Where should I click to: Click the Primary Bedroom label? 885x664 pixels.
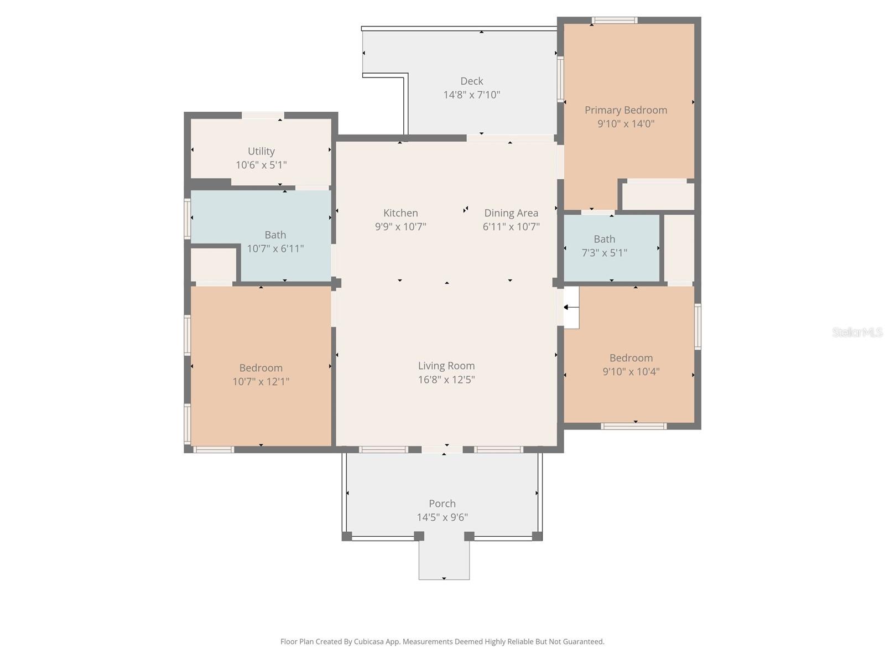pyautogui.click(x=626, y=110)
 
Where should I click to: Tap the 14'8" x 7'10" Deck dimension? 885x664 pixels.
pyautogui.click(x=471, y=95)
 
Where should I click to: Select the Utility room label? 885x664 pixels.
pyautogui.click(x=261, y=151)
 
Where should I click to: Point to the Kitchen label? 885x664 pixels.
pyautogui.click(x=400, y=213)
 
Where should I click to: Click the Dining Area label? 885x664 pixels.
pyautogui.click(x=511, y=213)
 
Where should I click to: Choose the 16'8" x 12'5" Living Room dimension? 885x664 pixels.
pyautogui.click(x=446, y=380)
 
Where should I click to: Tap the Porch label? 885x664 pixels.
pyautogui.click(x=442, y=504)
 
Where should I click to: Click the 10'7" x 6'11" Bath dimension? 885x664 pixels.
pyautogui.click(x=275, y=248)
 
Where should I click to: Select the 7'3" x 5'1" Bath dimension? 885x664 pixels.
pyautogui.click(x=604, y=253)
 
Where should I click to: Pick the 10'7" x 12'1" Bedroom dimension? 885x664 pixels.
pyautogui.click(x=261, y=381)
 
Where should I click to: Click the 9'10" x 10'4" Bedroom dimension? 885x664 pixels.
pyautogui.click(x=631, y=371)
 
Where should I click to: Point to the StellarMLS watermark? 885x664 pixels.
pyautogui.click(x=857, y=332)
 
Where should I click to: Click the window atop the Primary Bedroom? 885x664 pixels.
pyautogui.click(x=614, y=21)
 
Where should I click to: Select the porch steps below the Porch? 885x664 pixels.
pyautogui.click(x=444, y=560)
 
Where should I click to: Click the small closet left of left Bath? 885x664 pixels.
pyautogui.click(x=213, y=264)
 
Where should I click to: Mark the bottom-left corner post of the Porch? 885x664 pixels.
pyautogui.click(x=347, y=536)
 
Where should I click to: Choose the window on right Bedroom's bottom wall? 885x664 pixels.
pyautogui.click(x=633, y=426)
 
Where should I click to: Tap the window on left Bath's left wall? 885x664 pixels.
pyautogui.click(x=188, y=219)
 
